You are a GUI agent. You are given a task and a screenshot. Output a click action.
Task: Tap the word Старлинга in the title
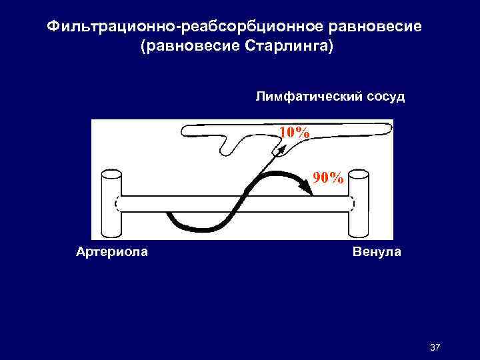[285, 48]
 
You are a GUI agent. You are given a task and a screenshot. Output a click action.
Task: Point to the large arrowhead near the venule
[307, 190]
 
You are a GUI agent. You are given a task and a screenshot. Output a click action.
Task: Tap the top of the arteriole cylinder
[110, 175]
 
